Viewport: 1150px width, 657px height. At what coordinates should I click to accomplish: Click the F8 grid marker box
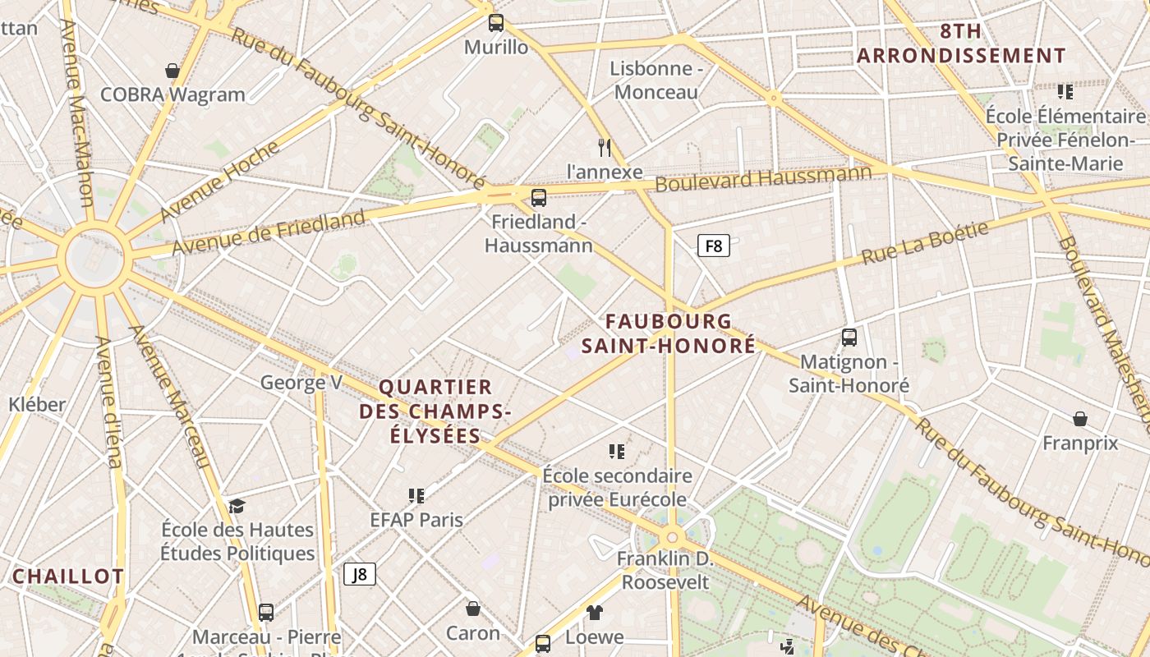click(x=714, y=246)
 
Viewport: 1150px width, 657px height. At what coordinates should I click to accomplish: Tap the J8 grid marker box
click(x=360, y=574)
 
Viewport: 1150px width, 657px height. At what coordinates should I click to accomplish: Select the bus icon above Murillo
click(x=496, y=23)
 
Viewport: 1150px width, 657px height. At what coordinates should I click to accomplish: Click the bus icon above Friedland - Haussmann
click(x=539, y=197)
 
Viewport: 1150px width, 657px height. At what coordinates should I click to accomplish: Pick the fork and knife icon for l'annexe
click(x=605, y=148)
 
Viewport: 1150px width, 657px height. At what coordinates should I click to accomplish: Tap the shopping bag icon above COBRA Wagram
click(x=172, y=71)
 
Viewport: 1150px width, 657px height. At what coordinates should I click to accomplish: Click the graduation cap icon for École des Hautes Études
click(x=237, y=506)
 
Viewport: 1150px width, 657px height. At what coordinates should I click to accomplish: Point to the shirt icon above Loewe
click(x=595, y=612)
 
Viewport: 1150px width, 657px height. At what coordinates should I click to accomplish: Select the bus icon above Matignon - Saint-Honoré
click(x=849, y=337)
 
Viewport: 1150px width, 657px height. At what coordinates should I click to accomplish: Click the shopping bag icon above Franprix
click(x=1080, y=419)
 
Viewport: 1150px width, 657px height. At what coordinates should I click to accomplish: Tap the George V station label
click(x=301, y=383)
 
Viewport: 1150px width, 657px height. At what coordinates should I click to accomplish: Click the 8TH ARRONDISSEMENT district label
click(x=961, y=44)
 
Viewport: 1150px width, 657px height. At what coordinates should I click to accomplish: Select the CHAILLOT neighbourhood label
click(x=67, y=577)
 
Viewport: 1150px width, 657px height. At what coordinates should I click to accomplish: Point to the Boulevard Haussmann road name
click(x=763, y=178)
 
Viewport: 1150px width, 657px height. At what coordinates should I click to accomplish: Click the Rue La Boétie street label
click(x=924, y=243)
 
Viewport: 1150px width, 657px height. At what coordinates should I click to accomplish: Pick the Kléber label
click(x=37, y=404)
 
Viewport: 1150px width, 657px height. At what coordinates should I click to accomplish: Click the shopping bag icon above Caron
click(x=473, y=609)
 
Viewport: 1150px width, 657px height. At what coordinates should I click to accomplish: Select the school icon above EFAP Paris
click(x=416, y=495)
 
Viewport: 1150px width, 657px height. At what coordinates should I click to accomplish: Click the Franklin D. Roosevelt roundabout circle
click(x=673, y=537)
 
